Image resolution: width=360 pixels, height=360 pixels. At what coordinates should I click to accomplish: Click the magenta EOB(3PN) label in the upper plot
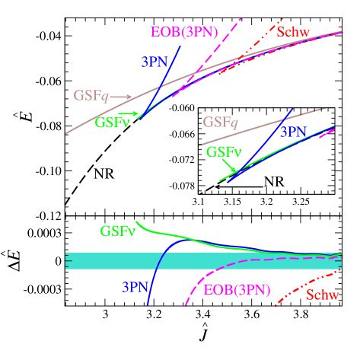[x=183, y=32]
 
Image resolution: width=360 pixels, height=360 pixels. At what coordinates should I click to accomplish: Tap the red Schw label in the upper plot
[x=293, y=32]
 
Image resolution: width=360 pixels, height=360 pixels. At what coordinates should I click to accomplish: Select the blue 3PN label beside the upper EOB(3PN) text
[x=155, y=62]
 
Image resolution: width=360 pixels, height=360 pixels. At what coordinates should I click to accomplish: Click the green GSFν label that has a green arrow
[x=112, y=122]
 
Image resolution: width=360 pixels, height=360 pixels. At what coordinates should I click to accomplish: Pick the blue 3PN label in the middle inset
[x=294, y=132]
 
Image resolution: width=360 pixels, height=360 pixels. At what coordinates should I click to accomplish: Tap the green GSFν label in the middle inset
[x=224, y=151]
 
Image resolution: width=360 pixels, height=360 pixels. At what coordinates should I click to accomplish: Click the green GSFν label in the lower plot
[x=116, y=231]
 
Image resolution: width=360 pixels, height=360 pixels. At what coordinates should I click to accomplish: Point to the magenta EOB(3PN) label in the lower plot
[x=237, y=290]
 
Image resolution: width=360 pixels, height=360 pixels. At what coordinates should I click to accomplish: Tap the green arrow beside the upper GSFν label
[x=129, y=113]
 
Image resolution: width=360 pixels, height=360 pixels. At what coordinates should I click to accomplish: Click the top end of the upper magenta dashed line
[x=243, y=16]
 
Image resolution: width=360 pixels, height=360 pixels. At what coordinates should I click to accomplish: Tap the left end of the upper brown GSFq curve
[x=66, y=134]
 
